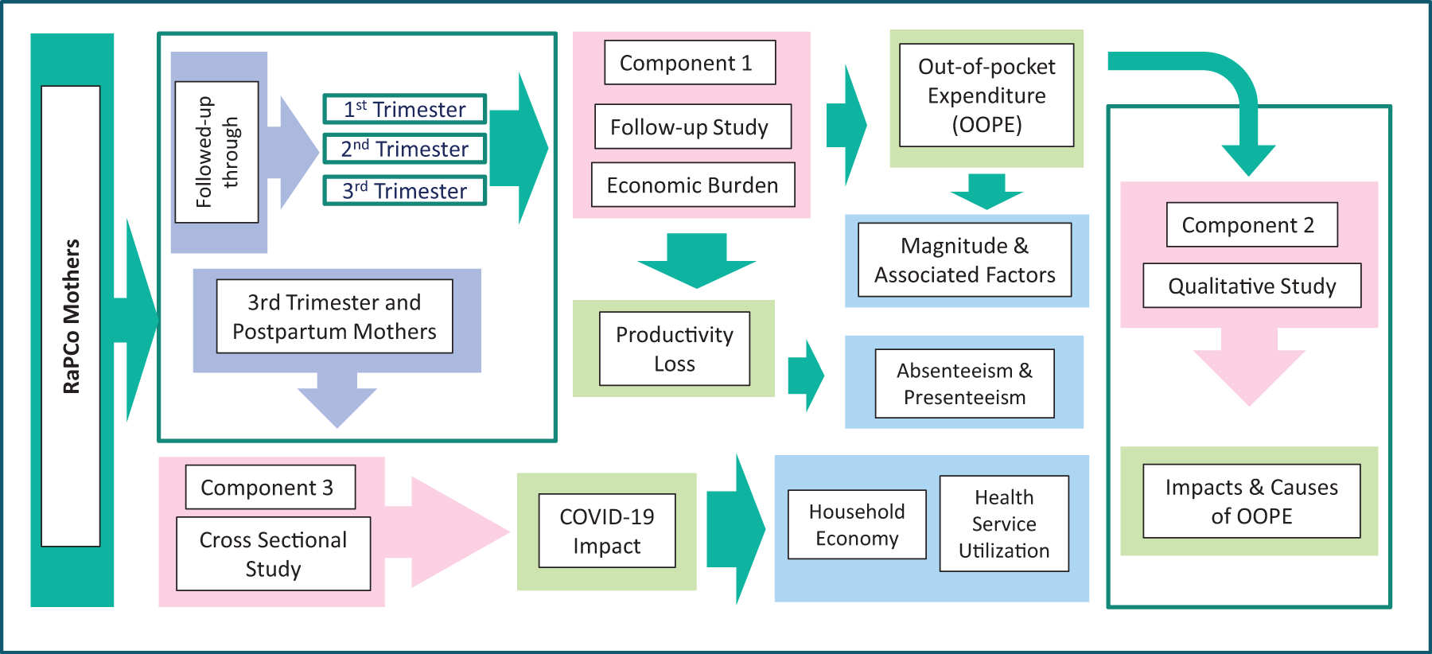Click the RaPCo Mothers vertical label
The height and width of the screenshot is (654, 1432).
[71, 316]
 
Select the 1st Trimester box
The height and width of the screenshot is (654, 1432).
[404, 109]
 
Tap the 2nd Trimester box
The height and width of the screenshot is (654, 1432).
[404, 149]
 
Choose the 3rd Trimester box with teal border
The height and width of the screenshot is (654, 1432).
[404, 191]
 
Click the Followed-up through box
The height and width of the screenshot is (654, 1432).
[216, 152]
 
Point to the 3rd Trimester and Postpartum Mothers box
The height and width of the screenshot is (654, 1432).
[334, 317]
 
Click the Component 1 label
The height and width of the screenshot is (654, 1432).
[690, 63]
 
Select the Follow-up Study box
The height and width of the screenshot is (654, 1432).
[693, 127]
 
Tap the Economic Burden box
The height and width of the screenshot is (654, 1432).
[693, 185]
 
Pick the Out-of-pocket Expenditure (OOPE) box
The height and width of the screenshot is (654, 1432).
[986, 95]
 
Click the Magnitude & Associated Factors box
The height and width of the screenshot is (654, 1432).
[965, 260]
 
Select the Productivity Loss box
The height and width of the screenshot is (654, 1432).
[675, 348]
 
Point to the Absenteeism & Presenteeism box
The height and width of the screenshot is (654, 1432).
[964, 383]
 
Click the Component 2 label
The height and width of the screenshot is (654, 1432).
[1251, 225]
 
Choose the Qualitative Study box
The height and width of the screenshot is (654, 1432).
[1251, 286]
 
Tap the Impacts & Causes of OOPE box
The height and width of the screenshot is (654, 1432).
[1251, 501]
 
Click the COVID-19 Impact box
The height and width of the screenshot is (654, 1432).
[607, 531]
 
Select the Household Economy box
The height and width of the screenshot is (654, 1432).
[857, 524]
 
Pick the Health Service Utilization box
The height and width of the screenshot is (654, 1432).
[1004, 524]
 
